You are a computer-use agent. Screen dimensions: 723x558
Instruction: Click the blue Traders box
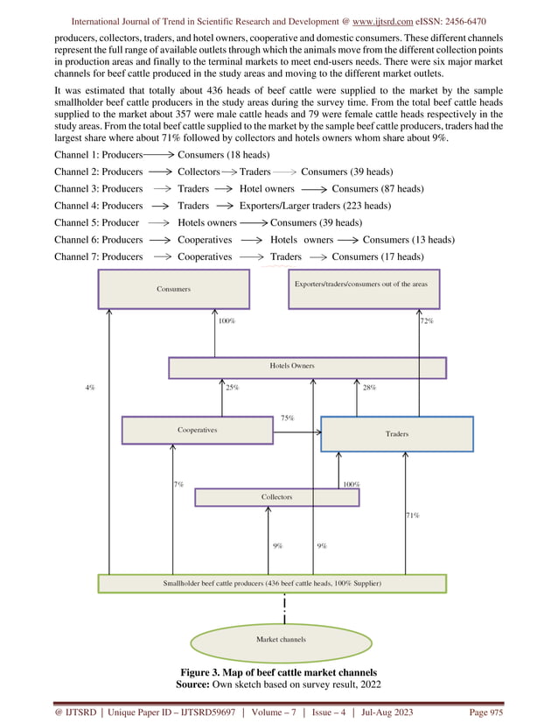[397, 433]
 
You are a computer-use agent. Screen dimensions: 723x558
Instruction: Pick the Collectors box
[276, 497]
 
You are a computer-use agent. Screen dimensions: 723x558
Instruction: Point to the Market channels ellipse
[281, 639]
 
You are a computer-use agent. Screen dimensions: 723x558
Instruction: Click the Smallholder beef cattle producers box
[272, 583]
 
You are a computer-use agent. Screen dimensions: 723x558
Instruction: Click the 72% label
[427, 321]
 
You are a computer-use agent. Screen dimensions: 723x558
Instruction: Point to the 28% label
[368, 387]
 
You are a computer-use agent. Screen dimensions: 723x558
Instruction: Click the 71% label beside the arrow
[413, 516]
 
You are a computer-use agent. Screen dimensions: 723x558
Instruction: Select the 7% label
[178, 483]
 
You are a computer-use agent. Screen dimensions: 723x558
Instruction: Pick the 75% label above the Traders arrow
[287, 418]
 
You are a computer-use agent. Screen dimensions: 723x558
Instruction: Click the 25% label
[233, 387]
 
